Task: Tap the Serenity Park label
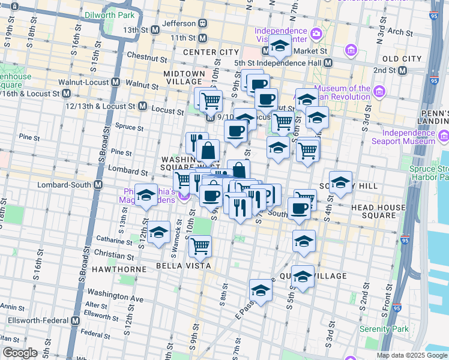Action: point(384,329)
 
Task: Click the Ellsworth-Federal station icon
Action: point(75,321)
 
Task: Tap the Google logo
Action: point(20,353)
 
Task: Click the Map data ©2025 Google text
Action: point(412,355)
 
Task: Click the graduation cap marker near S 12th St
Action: point(146,196)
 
